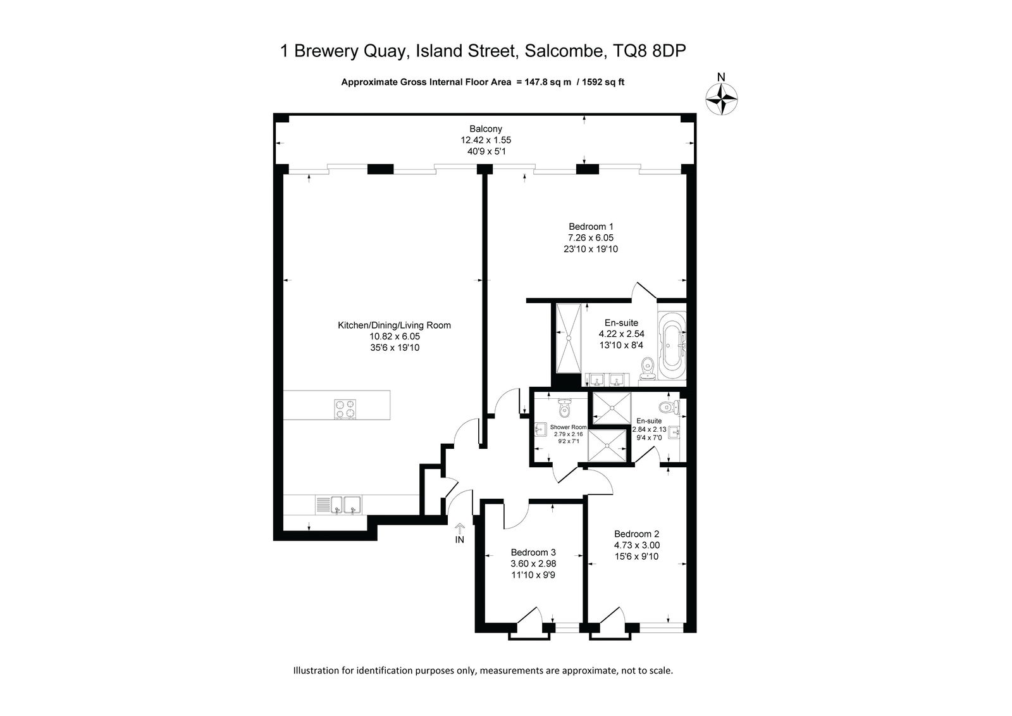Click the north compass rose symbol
click(722, 99)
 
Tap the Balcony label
click(486, 129)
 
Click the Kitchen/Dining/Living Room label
click(395, 325)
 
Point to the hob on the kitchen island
click(345, 409)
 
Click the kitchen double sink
click(345, 505)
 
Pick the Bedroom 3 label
click(533, 552)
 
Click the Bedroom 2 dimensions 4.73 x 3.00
click(636, 546)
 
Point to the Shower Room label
click(569, 427)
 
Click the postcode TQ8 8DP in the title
click(649, 51)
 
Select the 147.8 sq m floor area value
click(548, 82)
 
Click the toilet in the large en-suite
click(648, 367)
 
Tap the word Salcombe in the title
click(564, 51)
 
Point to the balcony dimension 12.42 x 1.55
click(486, 140)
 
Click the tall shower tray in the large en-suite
click(569, 338)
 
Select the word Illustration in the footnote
click(316, 670)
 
